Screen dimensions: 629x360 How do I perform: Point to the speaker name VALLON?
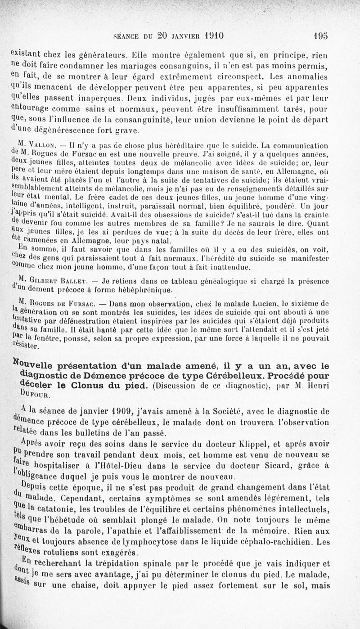point(42,146)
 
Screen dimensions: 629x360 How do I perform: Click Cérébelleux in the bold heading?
point(223,375)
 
